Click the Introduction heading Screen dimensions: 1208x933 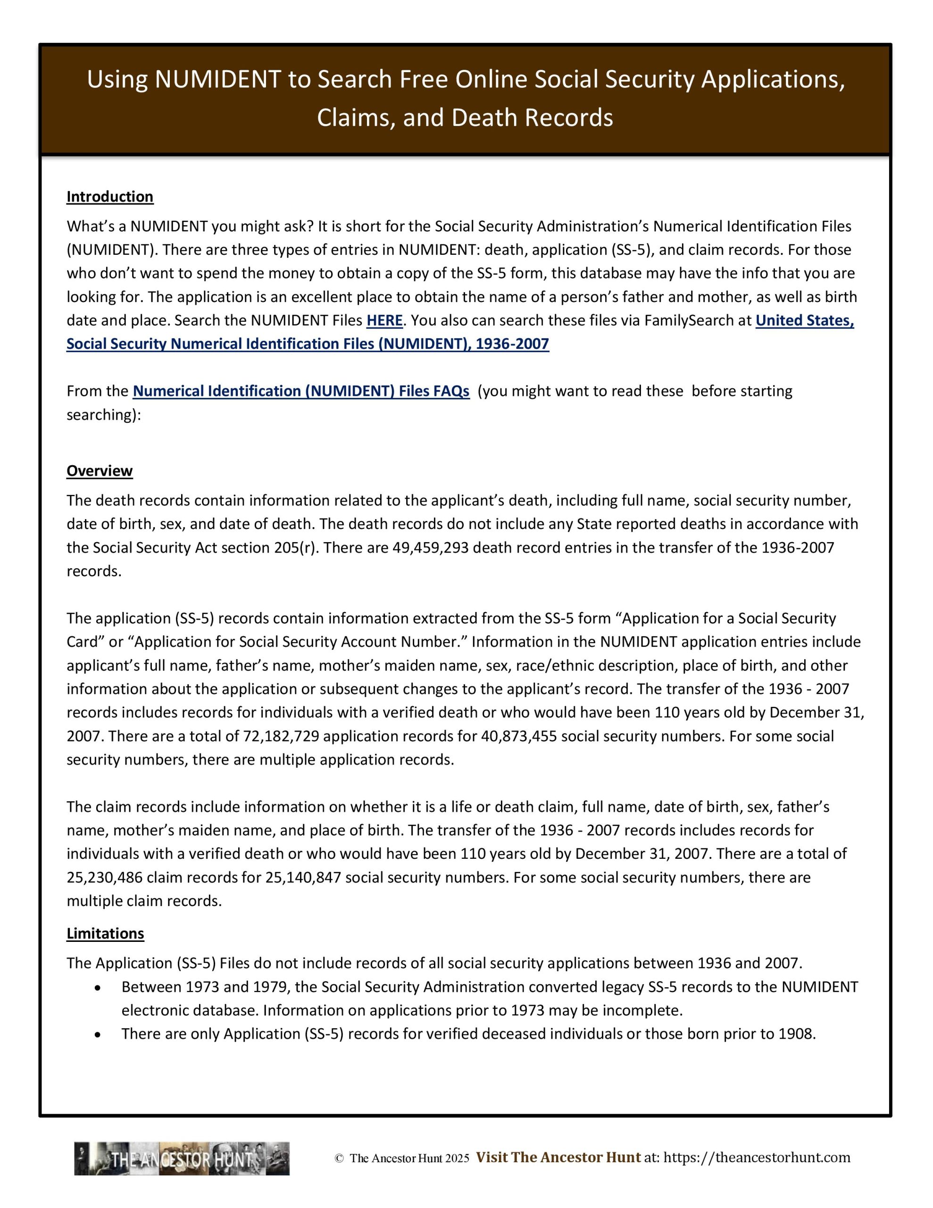tap(109, 197)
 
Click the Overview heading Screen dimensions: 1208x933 tap(100, 471)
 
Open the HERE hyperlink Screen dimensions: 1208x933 tap(384, 320)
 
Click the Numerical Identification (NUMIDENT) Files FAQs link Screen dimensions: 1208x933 tap(301, 391)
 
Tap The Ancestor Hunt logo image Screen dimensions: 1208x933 tap(182, 1159)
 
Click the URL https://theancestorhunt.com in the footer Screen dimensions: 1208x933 tap(757, 1158)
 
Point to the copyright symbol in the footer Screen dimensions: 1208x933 tap(339, 1159)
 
